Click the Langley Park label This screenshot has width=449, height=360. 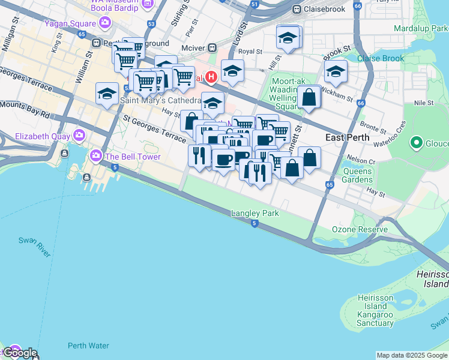[x=255, y=214]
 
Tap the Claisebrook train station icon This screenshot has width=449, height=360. [x=297, y=10]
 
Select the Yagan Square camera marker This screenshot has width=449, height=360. [x=106, y=23]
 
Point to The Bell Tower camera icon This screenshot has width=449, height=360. [x=95, y=157]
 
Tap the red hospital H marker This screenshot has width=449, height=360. [x=211, y=77]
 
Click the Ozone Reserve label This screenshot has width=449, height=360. [x=361, y=230]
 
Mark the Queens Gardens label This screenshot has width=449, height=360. [x=357, y=175]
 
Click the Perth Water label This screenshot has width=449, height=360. [x=88, y=346]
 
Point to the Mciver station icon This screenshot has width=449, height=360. [x=211, y=47]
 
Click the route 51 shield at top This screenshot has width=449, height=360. [x=255, y=4]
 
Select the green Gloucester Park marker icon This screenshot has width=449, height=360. [x=416, y=143]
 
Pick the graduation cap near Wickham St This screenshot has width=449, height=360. [x=336, y=71]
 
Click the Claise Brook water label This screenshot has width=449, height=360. [x=381, y=58]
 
